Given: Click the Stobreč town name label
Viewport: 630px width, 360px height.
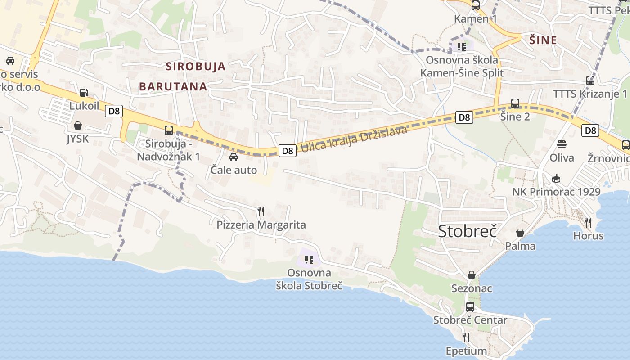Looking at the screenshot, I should [x=467, y=231].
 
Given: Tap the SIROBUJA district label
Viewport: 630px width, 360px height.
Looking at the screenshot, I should [x=196, y=67].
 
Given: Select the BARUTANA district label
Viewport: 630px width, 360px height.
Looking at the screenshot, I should [x=173, y=86].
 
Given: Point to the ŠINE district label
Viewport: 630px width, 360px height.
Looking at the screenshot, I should [x=543, y=40].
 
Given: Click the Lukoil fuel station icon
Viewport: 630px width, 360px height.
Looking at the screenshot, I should [x=84, y=93].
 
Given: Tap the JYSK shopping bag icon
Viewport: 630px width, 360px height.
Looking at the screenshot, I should [x=78, y=125].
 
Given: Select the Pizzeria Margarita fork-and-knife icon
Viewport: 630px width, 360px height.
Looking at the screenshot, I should [x=261, y=211].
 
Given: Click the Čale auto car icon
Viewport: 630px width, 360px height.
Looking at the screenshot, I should [x=234, y=157].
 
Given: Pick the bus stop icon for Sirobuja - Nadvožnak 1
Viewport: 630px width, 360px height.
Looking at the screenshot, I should [x=169, y=130].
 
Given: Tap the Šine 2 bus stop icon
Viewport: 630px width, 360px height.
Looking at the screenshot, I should [x=515, y=103].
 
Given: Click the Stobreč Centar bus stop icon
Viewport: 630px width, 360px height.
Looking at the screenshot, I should [x=470, y=307].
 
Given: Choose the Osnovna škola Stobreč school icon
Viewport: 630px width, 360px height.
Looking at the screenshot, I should [x=309, y=259].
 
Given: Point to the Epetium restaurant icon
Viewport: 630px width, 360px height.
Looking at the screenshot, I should [x=466, y=337].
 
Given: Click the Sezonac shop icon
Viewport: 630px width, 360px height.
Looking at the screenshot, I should [x=472, y=274].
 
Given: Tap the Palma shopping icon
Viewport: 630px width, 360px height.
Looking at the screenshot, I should [x=520, y=232].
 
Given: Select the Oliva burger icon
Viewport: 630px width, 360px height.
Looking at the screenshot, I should [x=562, y=144].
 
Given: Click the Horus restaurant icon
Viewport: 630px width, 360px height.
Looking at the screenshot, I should [x=588, y=222].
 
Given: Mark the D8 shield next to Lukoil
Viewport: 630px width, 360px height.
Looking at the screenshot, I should [x=114, y=111].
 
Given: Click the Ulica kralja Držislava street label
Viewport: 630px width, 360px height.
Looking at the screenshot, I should [x=354, y=139].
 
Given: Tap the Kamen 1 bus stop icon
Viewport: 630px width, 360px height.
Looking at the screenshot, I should [x=476, y=5].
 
